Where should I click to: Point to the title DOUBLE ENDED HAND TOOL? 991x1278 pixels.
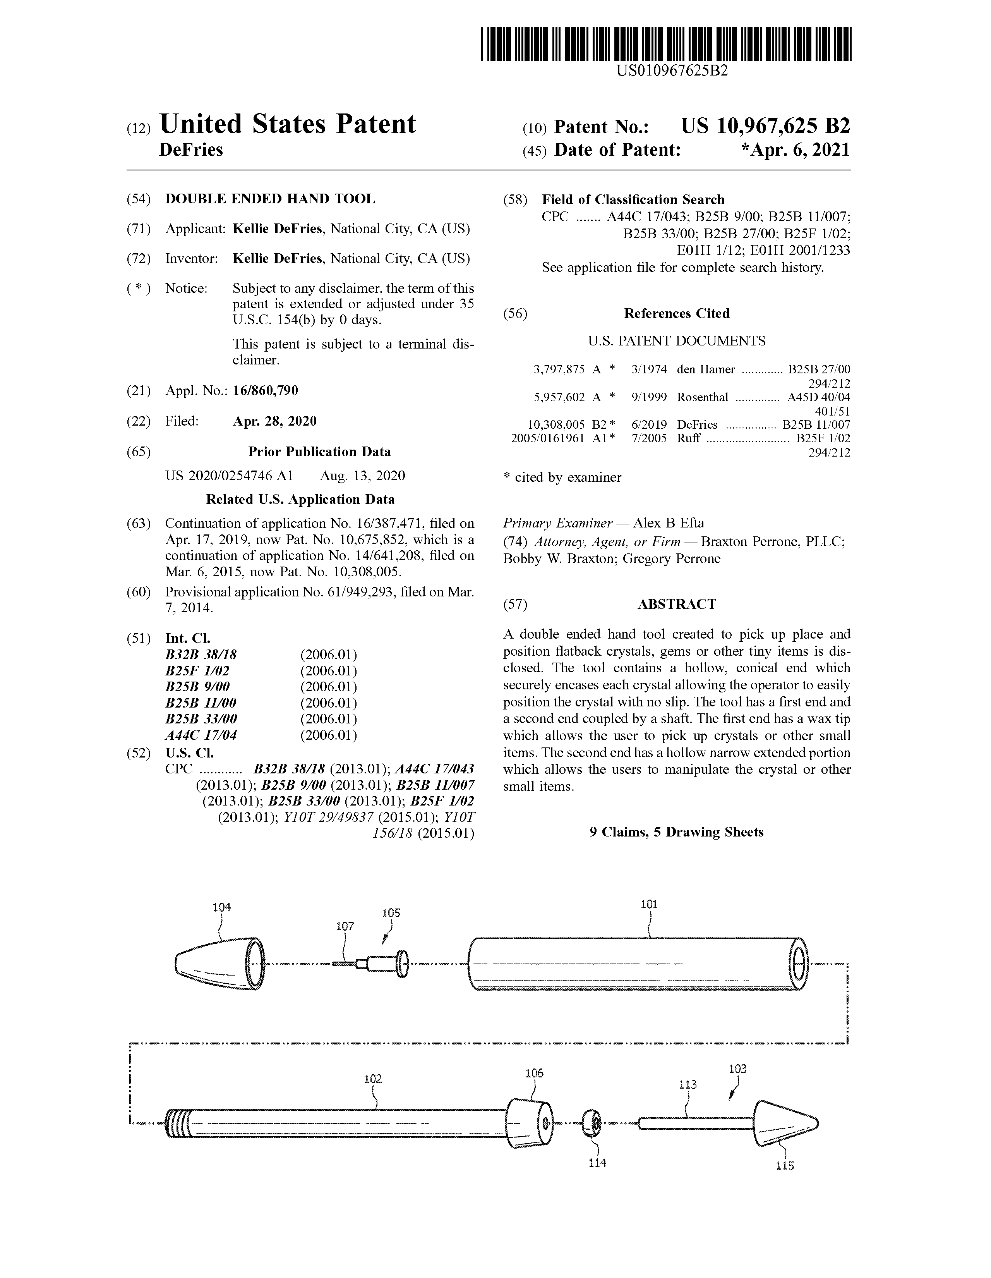click(x=270, y=199)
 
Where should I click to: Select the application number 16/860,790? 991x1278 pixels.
click(x=265, y=390)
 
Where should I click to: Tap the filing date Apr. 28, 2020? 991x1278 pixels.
click(x=274, y=421)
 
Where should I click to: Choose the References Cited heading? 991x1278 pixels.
click(x=676, y=314)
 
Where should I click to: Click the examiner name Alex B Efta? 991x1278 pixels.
click(x=668, y=523)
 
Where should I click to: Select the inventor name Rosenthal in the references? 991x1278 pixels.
click(x=702, y=397)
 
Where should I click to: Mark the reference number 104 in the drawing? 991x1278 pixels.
click(x=221, y=908)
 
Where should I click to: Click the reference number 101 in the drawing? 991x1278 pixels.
click(x=649, y=904)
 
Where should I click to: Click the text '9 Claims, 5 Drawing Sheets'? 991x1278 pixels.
click(x=676, y=832)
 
